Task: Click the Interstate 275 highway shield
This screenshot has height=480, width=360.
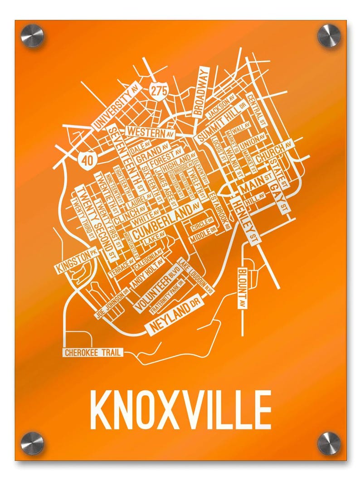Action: [159, 90]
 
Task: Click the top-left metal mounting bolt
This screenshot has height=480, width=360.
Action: [34, 35]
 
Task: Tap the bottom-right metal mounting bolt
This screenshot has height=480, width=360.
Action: [328, 443]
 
